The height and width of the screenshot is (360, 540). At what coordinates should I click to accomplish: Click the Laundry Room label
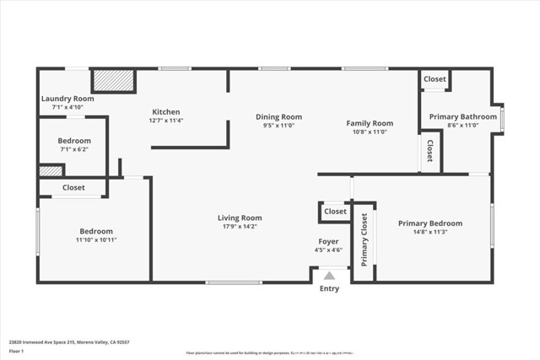[x=67, y=99]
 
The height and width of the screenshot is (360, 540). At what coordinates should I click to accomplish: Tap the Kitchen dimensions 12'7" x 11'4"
[x=165, y=121]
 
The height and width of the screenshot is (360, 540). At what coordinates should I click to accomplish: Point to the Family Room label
[x=370, y=123]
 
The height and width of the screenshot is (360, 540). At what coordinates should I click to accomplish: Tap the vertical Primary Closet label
[x=364, y=240]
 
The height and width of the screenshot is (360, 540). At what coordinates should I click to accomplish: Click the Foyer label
[x=328, y=241]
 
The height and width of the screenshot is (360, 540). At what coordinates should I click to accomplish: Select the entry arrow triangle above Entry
[x=329, y=275]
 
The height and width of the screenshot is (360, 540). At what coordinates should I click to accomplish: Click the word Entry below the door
[x=329, y=289]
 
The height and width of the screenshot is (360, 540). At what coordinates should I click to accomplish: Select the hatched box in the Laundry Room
[x=113, y=81]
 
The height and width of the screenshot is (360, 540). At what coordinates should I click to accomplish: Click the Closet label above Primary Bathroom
[x=435, y=78]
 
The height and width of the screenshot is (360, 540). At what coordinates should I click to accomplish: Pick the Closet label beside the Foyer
[x=335, y=212]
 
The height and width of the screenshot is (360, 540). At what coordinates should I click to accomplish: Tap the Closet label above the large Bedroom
[x=73, y=188]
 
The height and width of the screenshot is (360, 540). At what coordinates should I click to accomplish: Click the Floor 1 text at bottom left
[x=16, y=351]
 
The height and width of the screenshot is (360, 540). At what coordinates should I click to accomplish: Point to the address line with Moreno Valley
[x=69, y=342]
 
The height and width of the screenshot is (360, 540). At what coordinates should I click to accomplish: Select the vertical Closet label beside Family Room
[x=429, y=151]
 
